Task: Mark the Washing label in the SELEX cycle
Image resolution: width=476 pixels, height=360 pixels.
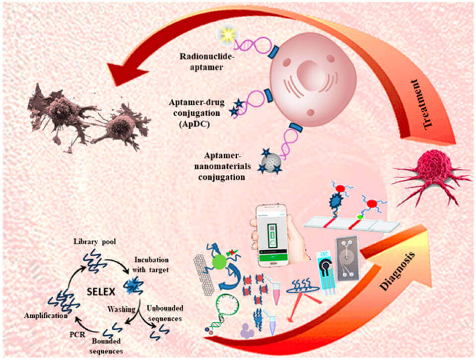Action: pyautogui.click(x=122, y=309)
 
